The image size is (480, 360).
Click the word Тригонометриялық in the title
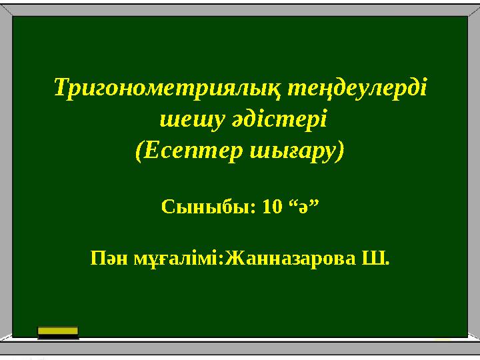pos(167,89)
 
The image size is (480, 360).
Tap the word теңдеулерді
pos(357,88)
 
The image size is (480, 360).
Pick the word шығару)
pos(297,151)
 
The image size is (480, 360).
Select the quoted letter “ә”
pos(304,206)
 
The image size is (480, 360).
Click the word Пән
pos(109,259)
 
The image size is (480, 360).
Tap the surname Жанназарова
pos(291,259)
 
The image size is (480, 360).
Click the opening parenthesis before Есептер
pos(139,151)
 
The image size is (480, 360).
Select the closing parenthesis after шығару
pos(341,151)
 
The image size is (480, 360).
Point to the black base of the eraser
pos(58,337)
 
